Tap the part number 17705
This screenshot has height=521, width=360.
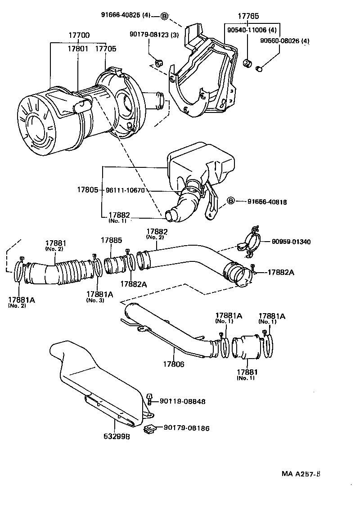point(105,48)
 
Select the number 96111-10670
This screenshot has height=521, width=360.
point(125,190)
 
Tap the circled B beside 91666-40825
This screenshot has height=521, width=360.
point(164,16)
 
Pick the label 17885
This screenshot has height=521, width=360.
point(111,240)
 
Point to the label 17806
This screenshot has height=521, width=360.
point(173,364)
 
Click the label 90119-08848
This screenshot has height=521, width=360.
point(182,401)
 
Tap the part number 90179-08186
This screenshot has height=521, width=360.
point(186,428)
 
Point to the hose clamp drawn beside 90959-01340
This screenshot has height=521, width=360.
point(250,243)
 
